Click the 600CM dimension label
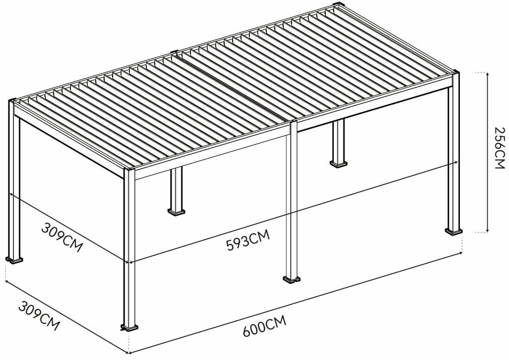(264, 325)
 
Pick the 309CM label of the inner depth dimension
(62, 237)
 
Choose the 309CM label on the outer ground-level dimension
(39, 315)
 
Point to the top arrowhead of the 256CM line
(488, 75)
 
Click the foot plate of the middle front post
(292, 279)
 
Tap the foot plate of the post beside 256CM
(453, 231)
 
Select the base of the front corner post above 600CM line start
(130, 328)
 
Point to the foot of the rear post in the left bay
(176, 212)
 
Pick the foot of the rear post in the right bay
(338, 163)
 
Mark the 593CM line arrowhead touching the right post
(456, 162)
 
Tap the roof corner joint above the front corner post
(129, 172)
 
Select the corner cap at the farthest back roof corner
(339, 6)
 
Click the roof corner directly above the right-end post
(454, 74)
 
